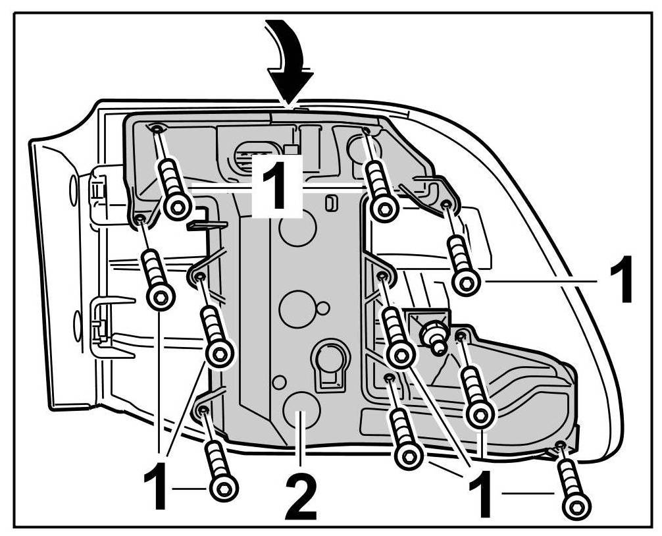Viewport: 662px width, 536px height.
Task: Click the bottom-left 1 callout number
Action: (156, 487)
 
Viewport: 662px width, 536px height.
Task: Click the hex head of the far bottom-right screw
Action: (577, 507)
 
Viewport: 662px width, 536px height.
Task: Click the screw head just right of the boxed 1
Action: (384, 208)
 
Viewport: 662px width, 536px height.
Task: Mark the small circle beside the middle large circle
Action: (322, 308)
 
